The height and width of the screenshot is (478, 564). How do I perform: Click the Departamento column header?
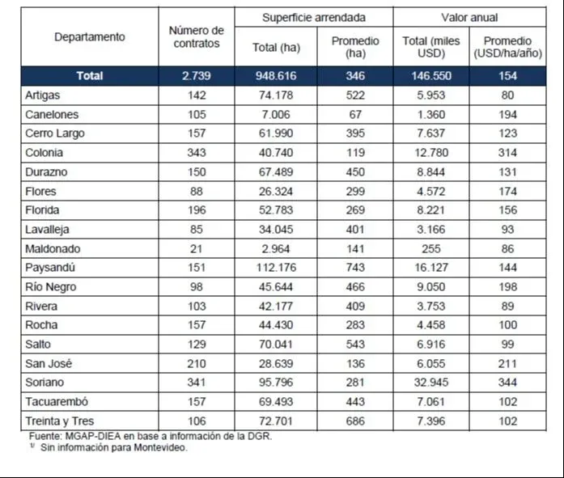point(89,37)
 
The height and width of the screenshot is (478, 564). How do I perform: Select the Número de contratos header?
point(196,37)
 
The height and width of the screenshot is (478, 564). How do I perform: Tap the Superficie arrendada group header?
point(314,17)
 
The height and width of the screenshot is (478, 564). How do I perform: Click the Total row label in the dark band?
point(89,75)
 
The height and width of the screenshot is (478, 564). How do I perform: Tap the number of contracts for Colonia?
point(196,152)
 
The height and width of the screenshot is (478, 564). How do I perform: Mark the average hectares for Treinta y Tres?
point(353,421)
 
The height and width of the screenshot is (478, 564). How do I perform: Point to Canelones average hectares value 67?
point(353,114)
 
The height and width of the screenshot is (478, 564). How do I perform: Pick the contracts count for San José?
point(196,363)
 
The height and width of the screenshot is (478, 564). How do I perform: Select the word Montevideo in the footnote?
point(162,447)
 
